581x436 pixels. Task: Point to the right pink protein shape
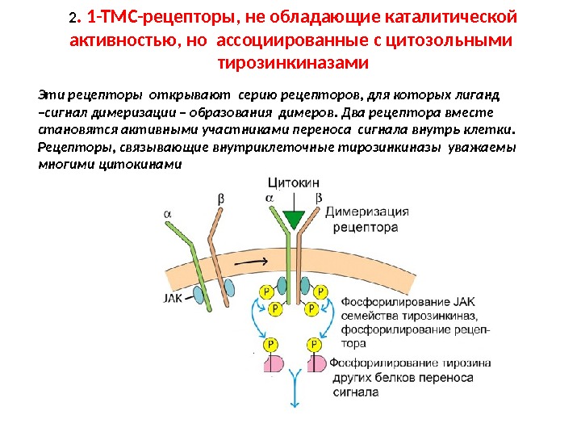[316, 364]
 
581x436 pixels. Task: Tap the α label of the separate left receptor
[167, 213]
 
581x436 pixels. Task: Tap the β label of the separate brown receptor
[221, 197]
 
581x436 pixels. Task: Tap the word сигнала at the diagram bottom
[356, 393]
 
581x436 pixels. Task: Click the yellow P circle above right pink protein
[312, 343]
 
